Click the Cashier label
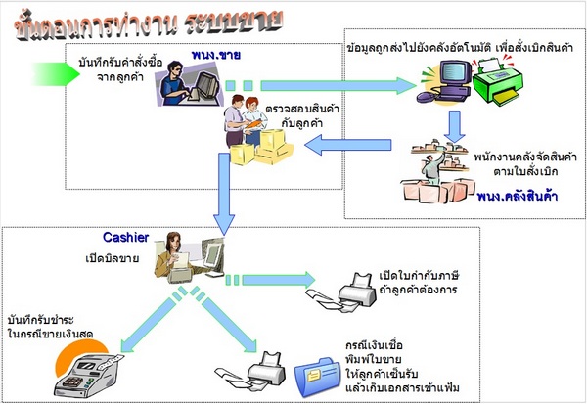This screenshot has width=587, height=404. click(125, 238)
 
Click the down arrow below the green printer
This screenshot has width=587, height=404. click(456, 123)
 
